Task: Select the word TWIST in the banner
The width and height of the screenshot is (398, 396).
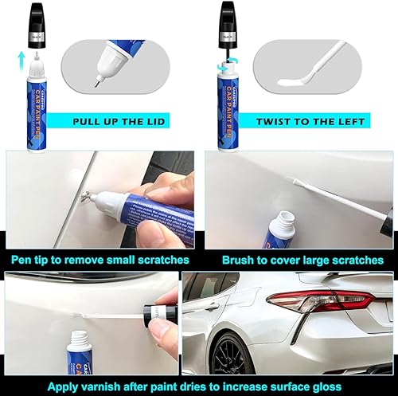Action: coord(274,121)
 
